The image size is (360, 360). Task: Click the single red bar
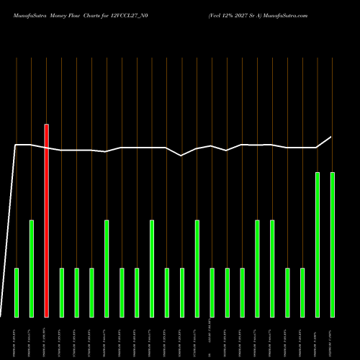coord(47,220)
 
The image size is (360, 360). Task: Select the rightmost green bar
coord(332,244)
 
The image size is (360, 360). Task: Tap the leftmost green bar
coord(17,292)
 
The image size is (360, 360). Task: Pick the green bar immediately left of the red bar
coord(32,268)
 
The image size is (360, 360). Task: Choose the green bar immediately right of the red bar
coord(62,292)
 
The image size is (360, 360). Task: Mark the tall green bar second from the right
coord(318,244)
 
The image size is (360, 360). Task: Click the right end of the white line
coord(332,137)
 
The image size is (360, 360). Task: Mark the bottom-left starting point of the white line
coord(1,315)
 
